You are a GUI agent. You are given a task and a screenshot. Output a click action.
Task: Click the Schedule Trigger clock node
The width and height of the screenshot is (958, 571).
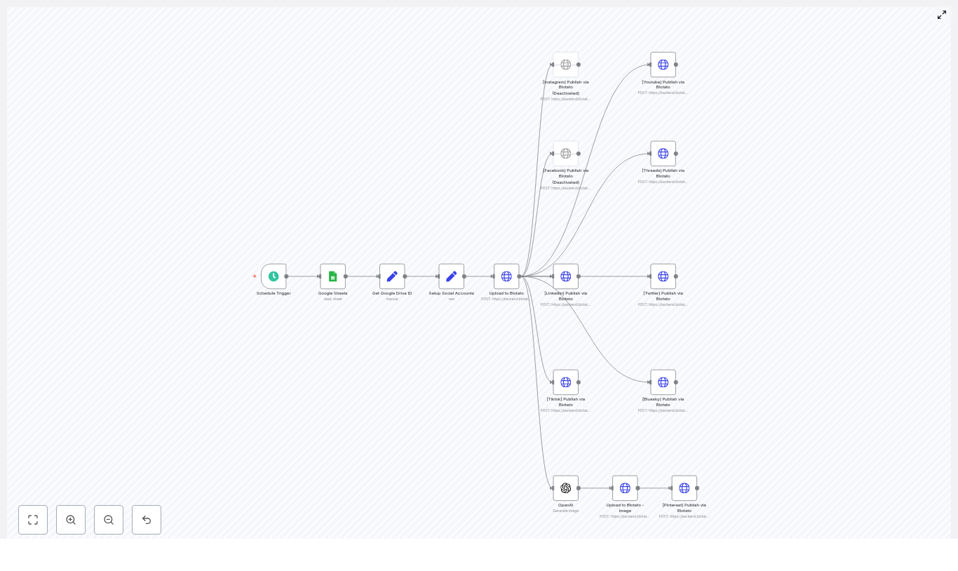click(274, 276)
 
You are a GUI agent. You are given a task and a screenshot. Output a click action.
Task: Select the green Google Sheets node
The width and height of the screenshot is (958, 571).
click(333, 276)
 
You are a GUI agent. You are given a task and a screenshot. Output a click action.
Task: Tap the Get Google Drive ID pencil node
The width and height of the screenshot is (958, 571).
click(392, 276)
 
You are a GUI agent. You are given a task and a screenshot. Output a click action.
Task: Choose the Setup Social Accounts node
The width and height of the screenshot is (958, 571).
click(452, 276)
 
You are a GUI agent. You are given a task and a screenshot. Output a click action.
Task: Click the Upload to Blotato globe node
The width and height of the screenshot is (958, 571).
click(506, 276)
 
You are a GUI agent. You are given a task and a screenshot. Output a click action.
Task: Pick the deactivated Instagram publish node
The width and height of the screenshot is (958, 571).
click(566, 65)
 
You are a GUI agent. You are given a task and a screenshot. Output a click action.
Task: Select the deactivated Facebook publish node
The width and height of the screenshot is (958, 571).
click(566, 154)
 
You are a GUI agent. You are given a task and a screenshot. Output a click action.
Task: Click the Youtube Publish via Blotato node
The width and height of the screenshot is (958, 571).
click(663, 65)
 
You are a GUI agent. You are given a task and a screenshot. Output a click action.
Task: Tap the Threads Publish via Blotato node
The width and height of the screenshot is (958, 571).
click(663, 154)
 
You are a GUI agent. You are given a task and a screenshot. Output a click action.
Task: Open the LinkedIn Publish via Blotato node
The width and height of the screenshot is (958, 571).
click(566, 276)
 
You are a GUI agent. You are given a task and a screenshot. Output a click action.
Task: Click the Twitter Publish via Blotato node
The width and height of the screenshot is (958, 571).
click(663, 276)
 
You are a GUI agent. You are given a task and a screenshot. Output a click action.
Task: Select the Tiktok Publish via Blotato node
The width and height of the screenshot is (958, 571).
click(566, 382)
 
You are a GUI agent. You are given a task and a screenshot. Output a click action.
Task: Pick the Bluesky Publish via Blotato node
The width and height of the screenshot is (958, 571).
click(663, 382)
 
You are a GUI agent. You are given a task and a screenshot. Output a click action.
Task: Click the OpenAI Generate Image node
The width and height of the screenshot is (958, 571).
click(566, 488)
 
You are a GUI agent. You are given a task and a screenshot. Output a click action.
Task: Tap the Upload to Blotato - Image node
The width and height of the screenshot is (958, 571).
click(625, 488)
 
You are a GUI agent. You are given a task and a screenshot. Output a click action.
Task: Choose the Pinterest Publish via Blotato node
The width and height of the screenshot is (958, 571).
click(684, 488)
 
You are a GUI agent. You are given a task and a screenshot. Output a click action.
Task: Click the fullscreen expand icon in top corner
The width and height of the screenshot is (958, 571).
click(942, 15)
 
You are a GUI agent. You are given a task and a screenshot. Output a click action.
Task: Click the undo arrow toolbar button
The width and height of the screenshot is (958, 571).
click(147, 520)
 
